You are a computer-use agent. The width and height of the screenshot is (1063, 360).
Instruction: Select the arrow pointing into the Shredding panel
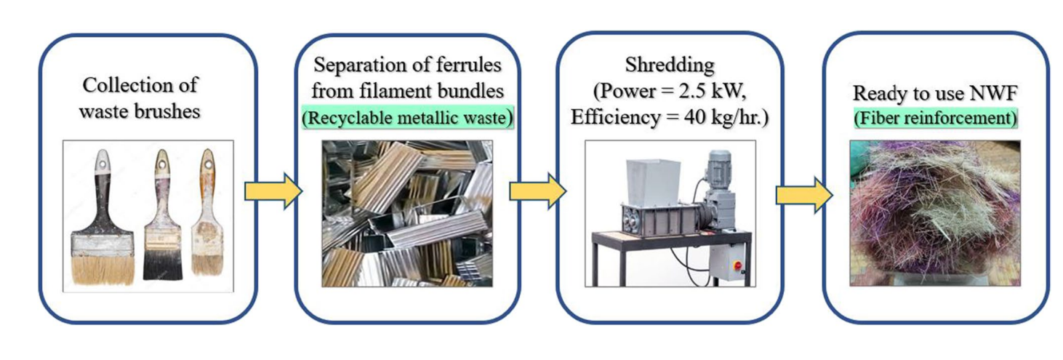537,191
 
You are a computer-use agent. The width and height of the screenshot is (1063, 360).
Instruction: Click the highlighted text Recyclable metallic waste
406,118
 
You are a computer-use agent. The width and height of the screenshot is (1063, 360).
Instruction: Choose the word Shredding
669,65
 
